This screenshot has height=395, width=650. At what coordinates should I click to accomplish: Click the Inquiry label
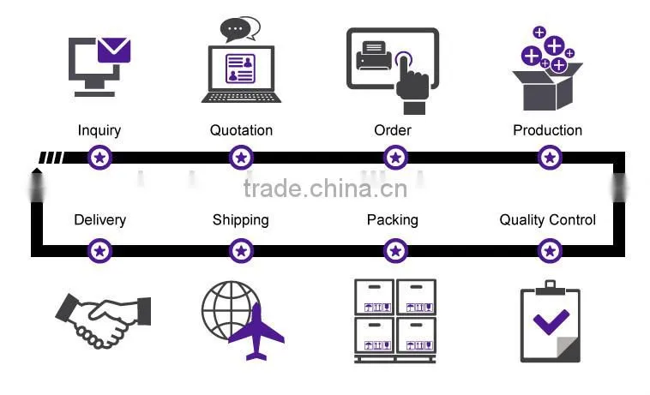pyautogui.click(x=99, y=131)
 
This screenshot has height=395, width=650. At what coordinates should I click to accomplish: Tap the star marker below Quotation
pyautogui.click(x=241, y=158)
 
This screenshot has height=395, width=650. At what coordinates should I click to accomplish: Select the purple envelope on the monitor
pyautogui.click(x=114, y=50)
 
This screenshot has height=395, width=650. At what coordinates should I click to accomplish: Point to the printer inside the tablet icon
pyautogui.click(x=374, y=56)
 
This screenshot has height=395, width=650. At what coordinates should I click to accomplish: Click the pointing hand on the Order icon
pyautogui.click(x=412, y=84)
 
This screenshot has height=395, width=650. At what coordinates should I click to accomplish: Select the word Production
pyautogui.click(x=548, y=130)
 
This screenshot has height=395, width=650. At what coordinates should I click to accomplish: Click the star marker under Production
pyautogui.click(x=550, y=158)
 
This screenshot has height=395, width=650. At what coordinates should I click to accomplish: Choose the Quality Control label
pyautogui.click(x=548, y=220)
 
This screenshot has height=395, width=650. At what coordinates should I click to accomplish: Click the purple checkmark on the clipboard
pyautogui.click(x=551, y=321)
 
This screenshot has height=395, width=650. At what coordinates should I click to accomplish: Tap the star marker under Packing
pyautogui.click(x=395, y=251)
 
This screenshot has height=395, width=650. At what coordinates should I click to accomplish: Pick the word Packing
pyautogui.click(x=393, y=220)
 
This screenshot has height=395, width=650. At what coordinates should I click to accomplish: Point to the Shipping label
pyautogui.click(x=241, y=220)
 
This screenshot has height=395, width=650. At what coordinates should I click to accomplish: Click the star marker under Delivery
pyautogui.click(x=100, y=251)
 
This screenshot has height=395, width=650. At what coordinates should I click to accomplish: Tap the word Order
pyautogui.click(x=393, y=130)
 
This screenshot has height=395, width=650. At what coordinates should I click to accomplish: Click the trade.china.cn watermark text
pyautogui.click(x=325, y=189)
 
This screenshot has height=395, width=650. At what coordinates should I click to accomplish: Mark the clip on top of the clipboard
pyautogui.click(x=550, y=288)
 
